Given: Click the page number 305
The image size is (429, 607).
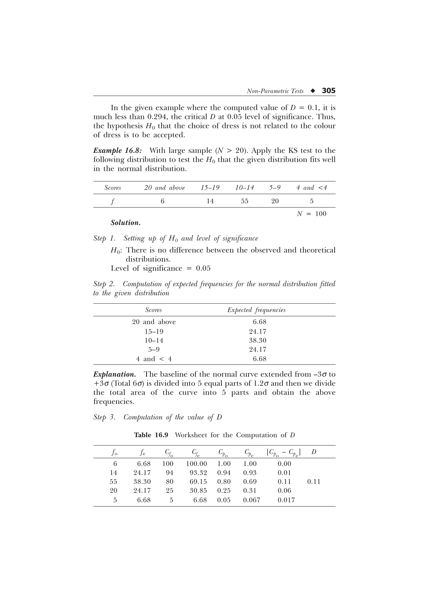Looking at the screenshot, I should coord(328,91).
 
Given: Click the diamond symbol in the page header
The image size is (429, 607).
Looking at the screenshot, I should coord(313,91).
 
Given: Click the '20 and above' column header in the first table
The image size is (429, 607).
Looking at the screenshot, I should coord(164,188).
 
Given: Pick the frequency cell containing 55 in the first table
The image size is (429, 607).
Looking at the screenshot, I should coord(244,201).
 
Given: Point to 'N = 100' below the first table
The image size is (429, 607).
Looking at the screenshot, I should coord(311,214).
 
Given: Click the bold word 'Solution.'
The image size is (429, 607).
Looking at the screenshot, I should coord(125,223).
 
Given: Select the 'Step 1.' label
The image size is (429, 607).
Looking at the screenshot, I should coord(105,238).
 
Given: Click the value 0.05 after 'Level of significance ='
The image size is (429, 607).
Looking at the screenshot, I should coord(203,268).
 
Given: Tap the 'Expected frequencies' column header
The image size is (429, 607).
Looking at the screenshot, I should coord(256,310).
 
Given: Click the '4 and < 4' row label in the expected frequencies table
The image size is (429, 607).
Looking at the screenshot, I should coord(154,359).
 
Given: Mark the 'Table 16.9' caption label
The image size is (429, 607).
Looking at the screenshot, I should coord(151,435).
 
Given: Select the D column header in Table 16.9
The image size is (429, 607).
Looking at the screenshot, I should coord(314,452).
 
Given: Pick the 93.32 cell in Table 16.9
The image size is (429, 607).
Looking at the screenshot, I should coord(198,473).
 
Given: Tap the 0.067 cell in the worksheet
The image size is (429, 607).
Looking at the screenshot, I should coord(252,500).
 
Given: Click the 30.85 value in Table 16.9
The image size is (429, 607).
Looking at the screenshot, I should coord(198,491).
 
